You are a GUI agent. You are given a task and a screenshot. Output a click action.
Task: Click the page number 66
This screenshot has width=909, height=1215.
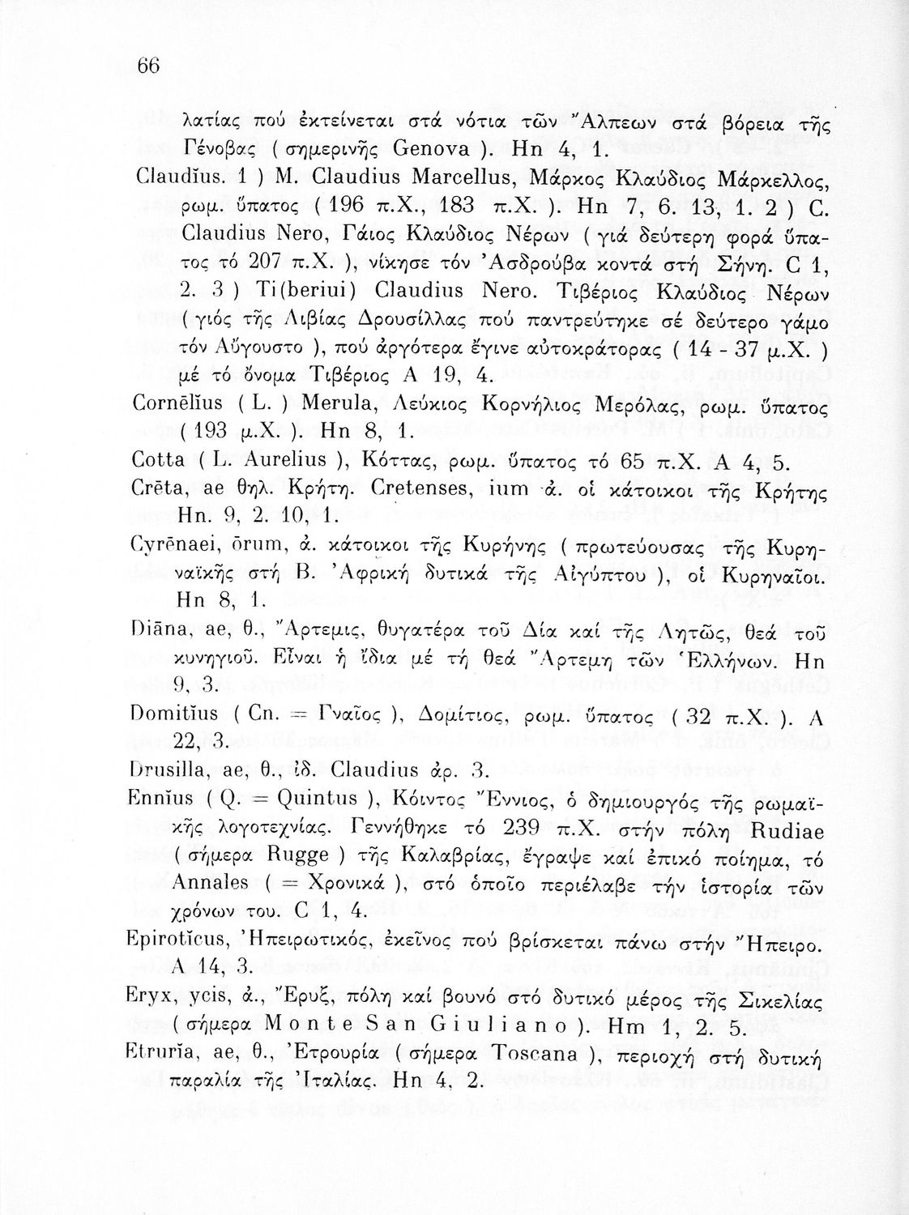pyautogui.click(x=151, y=67)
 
